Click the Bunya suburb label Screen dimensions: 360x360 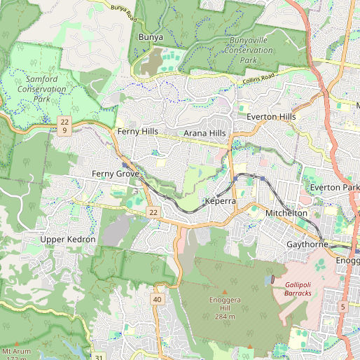pyautogui.click(x=151, y=36)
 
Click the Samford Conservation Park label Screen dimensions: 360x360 pyautogui.click(x=41, y=89)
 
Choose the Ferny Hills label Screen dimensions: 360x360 pyautogui.click(x=138, y=132)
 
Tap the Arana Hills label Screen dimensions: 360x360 pyautogui.click(x=205, y=133)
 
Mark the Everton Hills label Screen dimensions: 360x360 pyautogui.click(x=270, y=116)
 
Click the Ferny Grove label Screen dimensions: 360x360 pyautogui.click(x=116, y=172)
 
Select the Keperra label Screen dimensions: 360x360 pyautogui.click(x=221, y=202)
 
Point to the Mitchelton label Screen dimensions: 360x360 pyautogui.click(x=286, y=212)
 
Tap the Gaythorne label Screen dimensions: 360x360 pyautogui.click(x=307, y=244)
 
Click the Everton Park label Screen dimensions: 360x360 pyautogui.click(x=334, y=188)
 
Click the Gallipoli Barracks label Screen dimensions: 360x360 pyautogui.click(x=303, y=289)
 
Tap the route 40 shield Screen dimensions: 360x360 pyautogui.click(x=157, y=300)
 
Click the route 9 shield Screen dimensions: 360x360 pyautogui.click(x=64, y=130)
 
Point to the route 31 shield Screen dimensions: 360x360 pyautogui.click(x=99, y=357)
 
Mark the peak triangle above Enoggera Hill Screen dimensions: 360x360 pyautogui.click(x=225, y=291)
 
